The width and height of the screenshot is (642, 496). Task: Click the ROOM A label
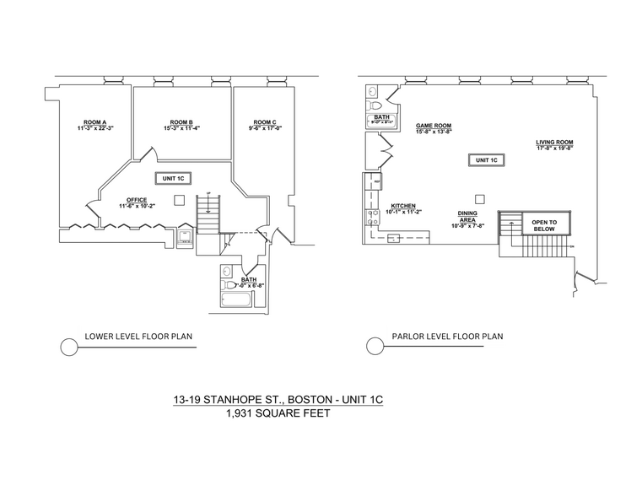(x=94, y=121)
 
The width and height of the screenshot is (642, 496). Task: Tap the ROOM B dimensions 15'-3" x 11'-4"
(x=181, y=128)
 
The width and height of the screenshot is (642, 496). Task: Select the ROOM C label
(x=265, y=121)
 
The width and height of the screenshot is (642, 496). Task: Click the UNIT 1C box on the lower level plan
(x=174, y=178)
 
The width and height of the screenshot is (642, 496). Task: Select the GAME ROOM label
(x=434, y=125)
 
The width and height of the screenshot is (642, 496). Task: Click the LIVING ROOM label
(x=554, y=142)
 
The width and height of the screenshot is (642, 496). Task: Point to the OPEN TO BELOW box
(x=542, y=224)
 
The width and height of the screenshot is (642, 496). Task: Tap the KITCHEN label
(x=403, y=206)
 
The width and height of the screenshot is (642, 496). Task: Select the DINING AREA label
(x=467, y=217)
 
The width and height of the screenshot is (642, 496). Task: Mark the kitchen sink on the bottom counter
(x=393, y=240)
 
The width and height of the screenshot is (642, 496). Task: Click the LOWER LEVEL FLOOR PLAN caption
(x=138, y=337)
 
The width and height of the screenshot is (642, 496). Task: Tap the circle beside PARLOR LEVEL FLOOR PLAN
(x=375, y=346)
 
